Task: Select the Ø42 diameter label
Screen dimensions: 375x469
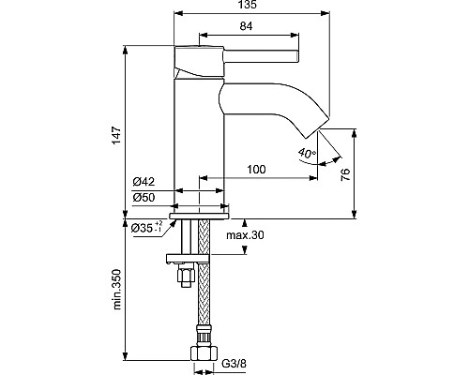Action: (x=144, y=182)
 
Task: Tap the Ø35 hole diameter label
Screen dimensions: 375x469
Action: (x=144, y=228)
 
